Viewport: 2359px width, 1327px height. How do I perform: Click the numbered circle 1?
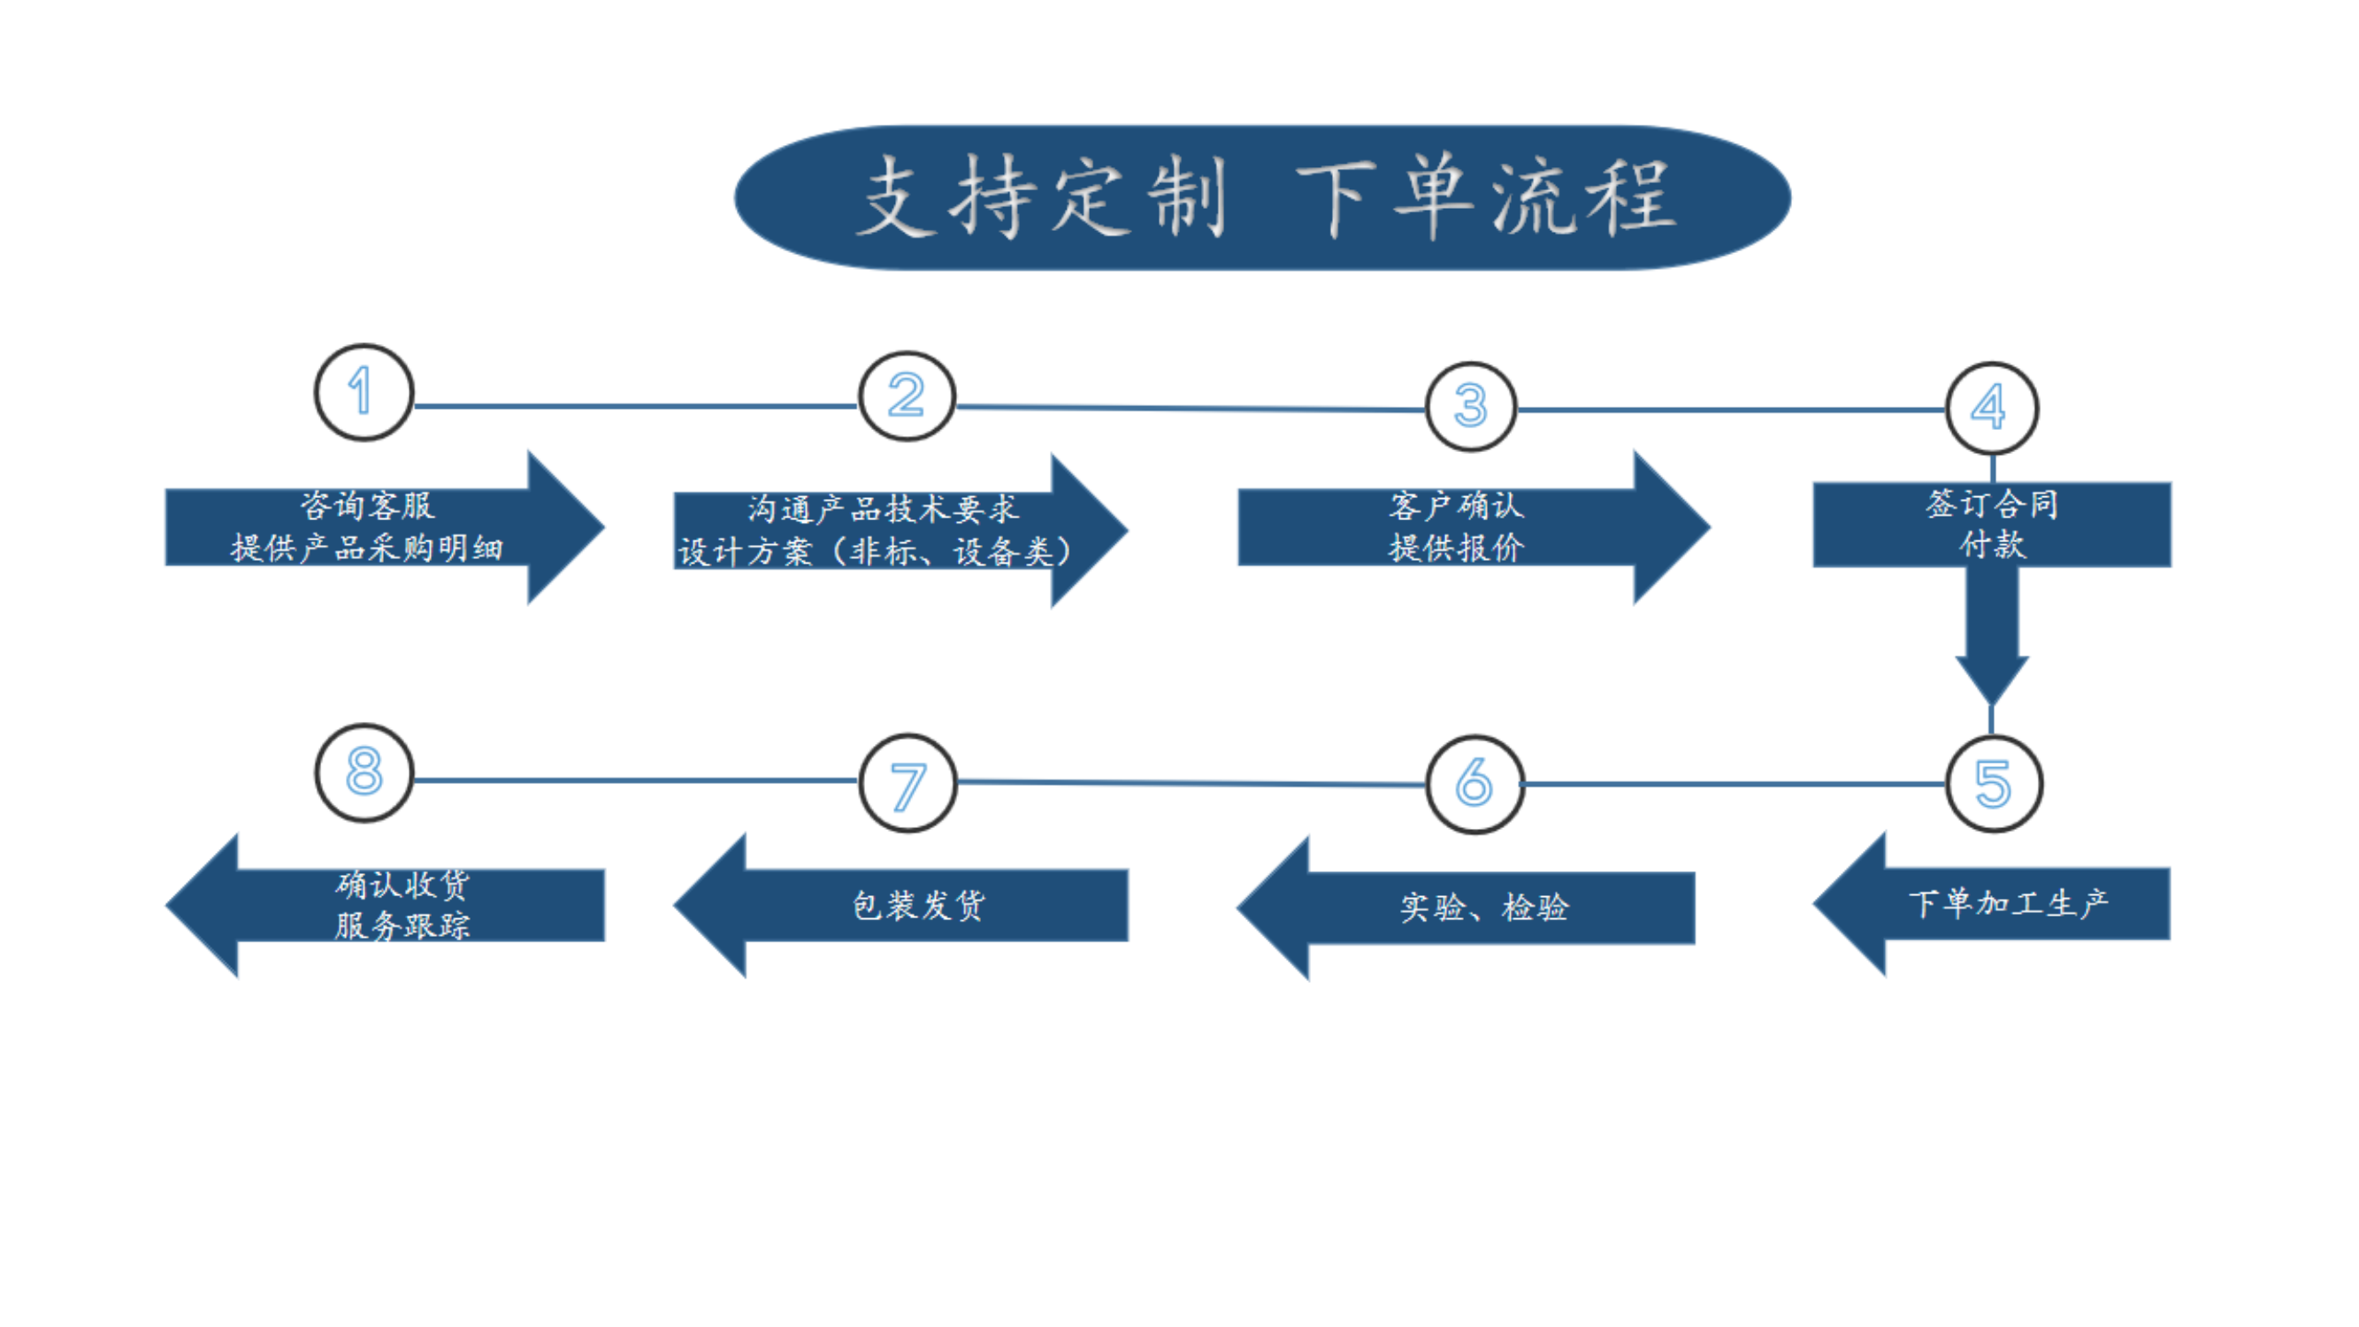tap(364, 392)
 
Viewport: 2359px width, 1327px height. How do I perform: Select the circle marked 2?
tap(907, 396)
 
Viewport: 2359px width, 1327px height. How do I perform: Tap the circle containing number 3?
tap(1471, 406)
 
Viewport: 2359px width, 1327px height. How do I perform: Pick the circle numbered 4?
tap(1991, 408)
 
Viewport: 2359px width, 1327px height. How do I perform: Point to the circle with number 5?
tap(1994, 784)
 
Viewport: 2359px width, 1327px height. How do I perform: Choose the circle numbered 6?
tap(1474, 784)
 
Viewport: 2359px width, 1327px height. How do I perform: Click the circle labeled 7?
tap(908, 783)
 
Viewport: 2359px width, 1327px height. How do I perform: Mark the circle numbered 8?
tap(364, 772)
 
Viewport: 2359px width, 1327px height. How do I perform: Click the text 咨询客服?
tap(366, 505)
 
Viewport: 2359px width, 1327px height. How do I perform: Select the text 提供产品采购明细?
tap(366, 548)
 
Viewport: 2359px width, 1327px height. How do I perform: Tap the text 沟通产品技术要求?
tap(882, 509)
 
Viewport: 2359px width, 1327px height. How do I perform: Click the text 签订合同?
tap(1991, 503)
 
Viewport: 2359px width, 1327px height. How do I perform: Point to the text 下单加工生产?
tap(2007, 904)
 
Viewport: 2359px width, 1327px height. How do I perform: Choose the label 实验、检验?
tap(1483, 908)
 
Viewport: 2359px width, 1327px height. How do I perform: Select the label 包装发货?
tap(917, 906)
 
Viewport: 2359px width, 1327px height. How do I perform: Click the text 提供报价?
tap(1456, 548)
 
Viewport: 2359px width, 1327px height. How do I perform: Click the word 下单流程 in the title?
tap(1485, 198)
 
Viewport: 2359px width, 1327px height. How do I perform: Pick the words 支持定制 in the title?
tap(1042, 198)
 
